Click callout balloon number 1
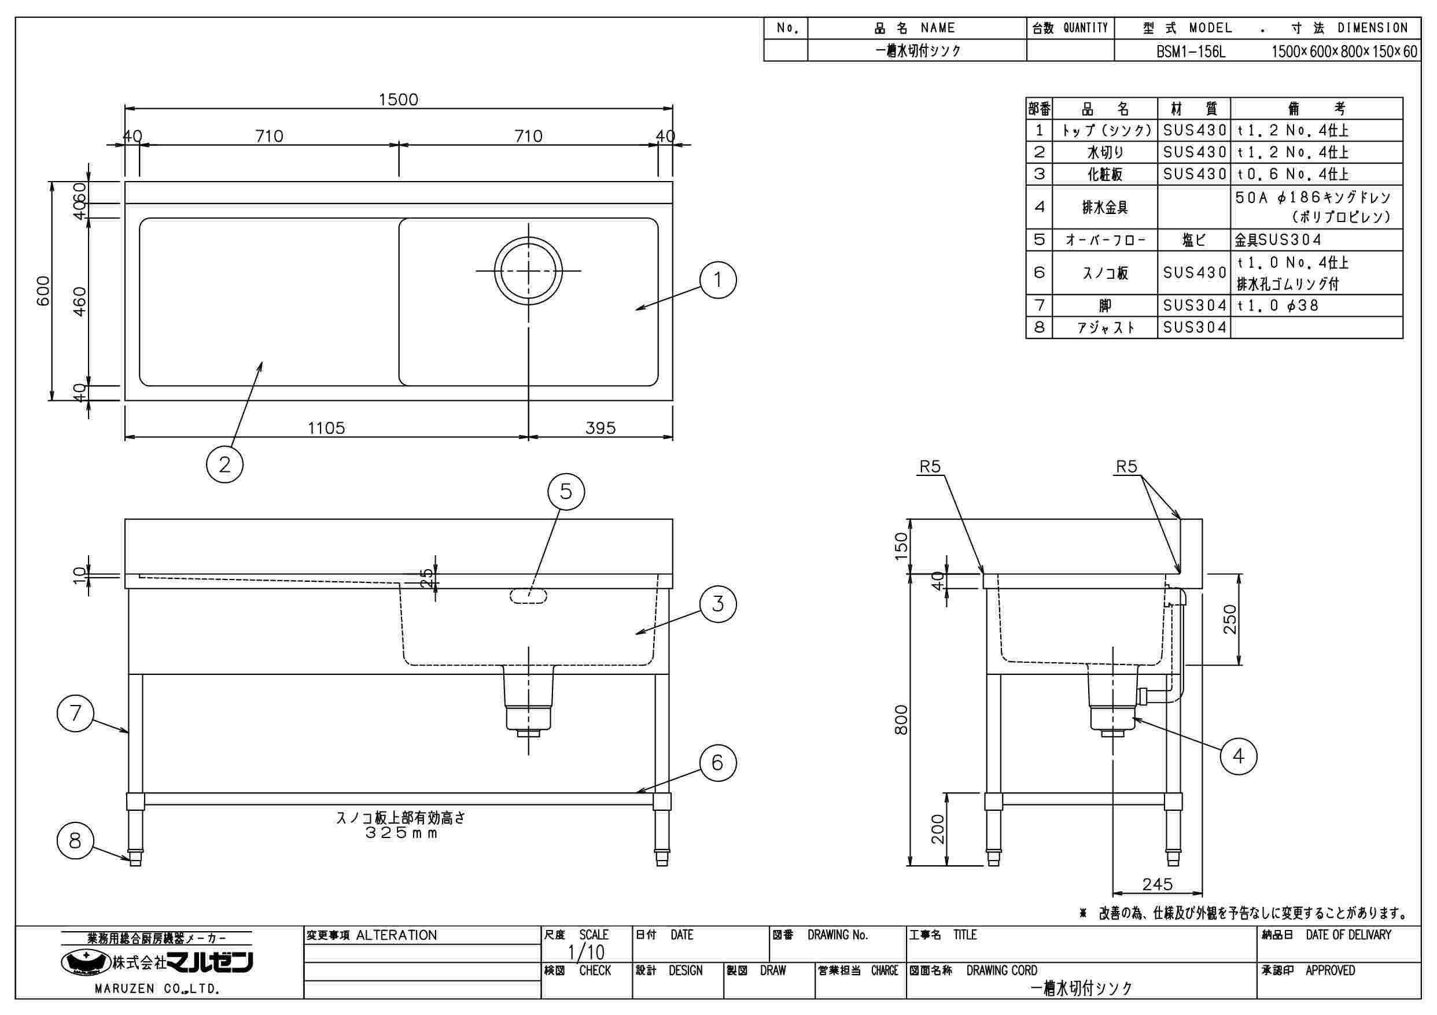tap(718, 280)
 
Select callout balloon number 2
tap(224, 464)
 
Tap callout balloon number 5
tap(566, 492)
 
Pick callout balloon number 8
tap(75, 840)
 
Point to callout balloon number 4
tap(1239, 756)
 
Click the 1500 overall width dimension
tap(398, 99)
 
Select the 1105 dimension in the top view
tap(326, 428)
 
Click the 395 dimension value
tap(600, 428)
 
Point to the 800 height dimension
tap(901, 719)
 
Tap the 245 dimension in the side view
tap(1157, 884)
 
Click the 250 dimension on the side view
tap(1230, 619)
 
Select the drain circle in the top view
tap(529, 270)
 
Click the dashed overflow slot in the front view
tap(529, 596)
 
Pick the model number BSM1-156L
tap(1191, 52)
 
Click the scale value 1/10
tap(586, 953)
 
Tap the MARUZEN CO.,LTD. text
tap(156, 990)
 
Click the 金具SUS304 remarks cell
tap(1278, 239)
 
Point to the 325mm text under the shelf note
tap(401, 833)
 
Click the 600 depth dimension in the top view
tap(43, 290)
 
